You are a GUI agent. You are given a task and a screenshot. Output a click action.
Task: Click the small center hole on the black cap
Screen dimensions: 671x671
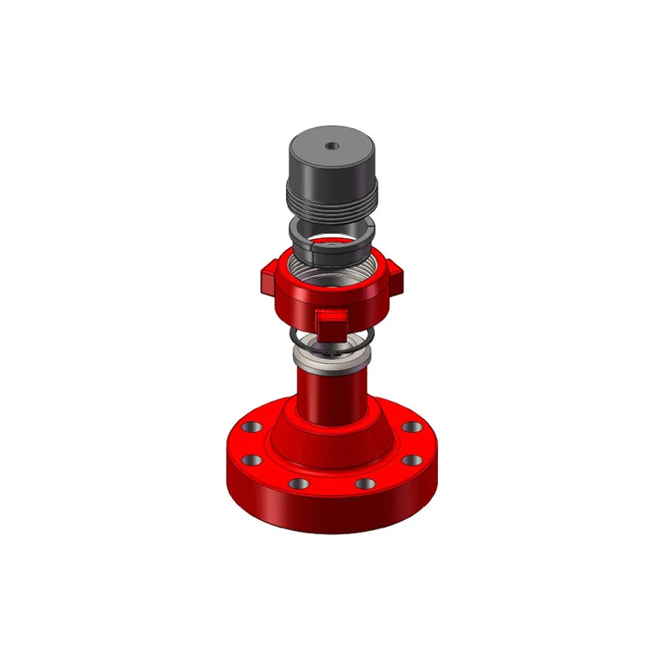click(332, 145)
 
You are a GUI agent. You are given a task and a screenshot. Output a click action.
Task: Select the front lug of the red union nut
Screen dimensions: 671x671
click(330, 320)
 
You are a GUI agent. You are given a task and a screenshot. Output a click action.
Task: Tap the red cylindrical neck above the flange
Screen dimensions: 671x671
click(331, 398)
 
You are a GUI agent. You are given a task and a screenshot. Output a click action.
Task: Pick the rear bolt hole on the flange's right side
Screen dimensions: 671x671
click(411, 427)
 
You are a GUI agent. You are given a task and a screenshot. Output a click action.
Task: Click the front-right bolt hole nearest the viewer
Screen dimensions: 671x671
click(363, 484)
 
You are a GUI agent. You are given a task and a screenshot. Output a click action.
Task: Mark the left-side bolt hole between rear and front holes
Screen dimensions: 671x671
click(249, 461)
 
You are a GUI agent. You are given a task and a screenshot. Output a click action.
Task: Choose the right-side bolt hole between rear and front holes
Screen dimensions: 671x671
click(412, 460)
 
